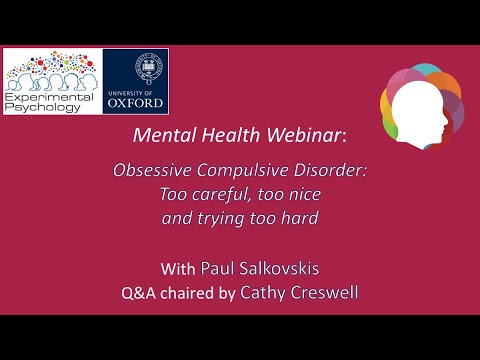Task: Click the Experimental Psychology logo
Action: pos(52,80)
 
